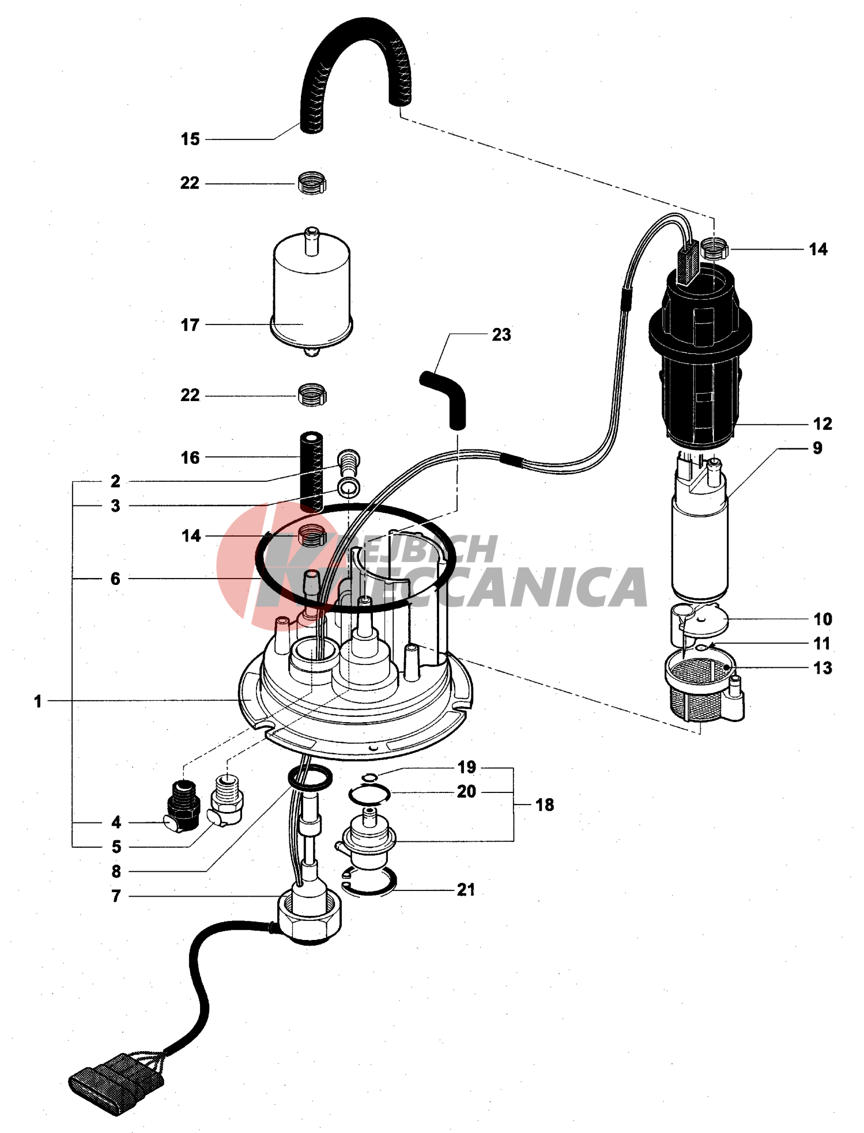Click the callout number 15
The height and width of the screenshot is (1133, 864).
coord(190,139)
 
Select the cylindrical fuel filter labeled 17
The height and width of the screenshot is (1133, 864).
coord(311,292)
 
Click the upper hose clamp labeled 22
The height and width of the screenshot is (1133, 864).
coord(312,183)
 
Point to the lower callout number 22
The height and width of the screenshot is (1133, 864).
coord(190,395)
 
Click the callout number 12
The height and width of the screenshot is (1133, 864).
coord(823,424)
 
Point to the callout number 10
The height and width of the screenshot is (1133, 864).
coord(823,619)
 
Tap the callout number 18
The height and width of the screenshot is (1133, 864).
coord(545,805)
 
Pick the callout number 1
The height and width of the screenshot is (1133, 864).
coord(38,701)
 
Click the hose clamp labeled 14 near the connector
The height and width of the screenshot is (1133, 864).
coord(715,250)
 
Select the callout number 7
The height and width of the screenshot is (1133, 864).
coord(116,896)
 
